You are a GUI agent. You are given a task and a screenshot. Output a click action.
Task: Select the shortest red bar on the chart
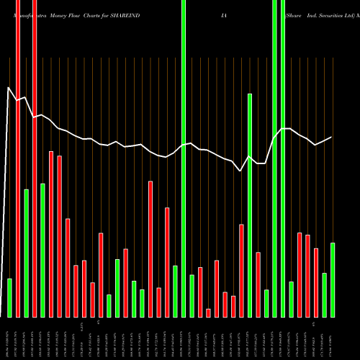[x=209, y=312]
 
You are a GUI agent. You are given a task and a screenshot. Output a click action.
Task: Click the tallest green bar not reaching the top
[x=250, y=205]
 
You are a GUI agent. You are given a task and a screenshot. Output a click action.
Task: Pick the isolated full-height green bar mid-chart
[x=184, y=158]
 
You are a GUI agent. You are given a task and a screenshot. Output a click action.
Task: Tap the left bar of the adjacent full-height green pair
[x=274, y=158]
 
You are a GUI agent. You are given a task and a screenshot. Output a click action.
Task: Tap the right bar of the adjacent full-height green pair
[x=283, y=158]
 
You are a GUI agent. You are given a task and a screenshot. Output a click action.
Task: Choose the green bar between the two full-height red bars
[x=26, y=253]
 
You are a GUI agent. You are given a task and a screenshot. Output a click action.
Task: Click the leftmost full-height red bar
[x=18, y=158]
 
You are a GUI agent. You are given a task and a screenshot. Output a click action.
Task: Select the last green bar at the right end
[x=333, y=279]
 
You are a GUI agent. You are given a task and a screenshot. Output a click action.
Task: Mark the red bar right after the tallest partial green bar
[x=258, y=284]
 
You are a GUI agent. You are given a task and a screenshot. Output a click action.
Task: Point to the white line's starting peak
[x=9, y=88]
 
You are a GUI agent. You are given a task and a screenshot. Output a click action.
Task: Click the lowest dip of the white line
[x=241, y=171]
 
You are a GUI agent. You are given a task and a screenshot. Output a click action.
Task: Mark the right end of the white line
[x=332, y=137]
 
